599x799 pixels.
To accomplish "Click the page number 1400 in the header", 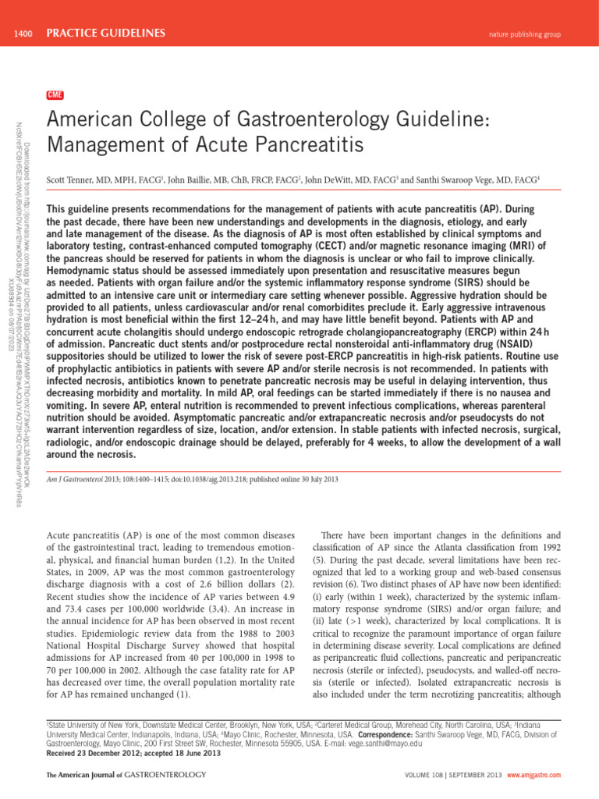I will pyautogui.click(x=20, y=32).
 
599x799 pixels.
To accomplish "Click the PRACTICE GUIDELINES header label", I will pyautogui.click(x=105, y=32).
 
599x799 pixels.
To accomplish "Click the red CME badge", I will pyautogui.click(x=55, y=95).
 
